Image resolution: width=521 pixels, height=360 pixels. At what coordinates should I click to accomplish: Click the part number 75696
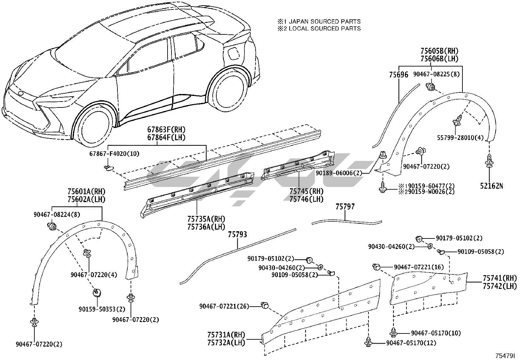coord(398,75)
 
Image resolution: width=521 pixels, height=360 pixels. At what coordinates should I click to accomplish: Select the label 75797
coord(345,207)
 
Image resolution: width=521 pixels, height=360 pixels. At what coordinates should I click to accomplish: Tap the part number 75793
coord(237,235)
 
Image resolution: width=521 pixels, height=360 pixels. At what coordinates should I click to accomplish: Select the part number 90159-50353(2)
coord(102,309)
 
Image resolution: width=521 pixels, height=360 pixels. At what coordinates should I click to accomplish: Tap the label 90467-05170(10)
coord(436,333)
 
